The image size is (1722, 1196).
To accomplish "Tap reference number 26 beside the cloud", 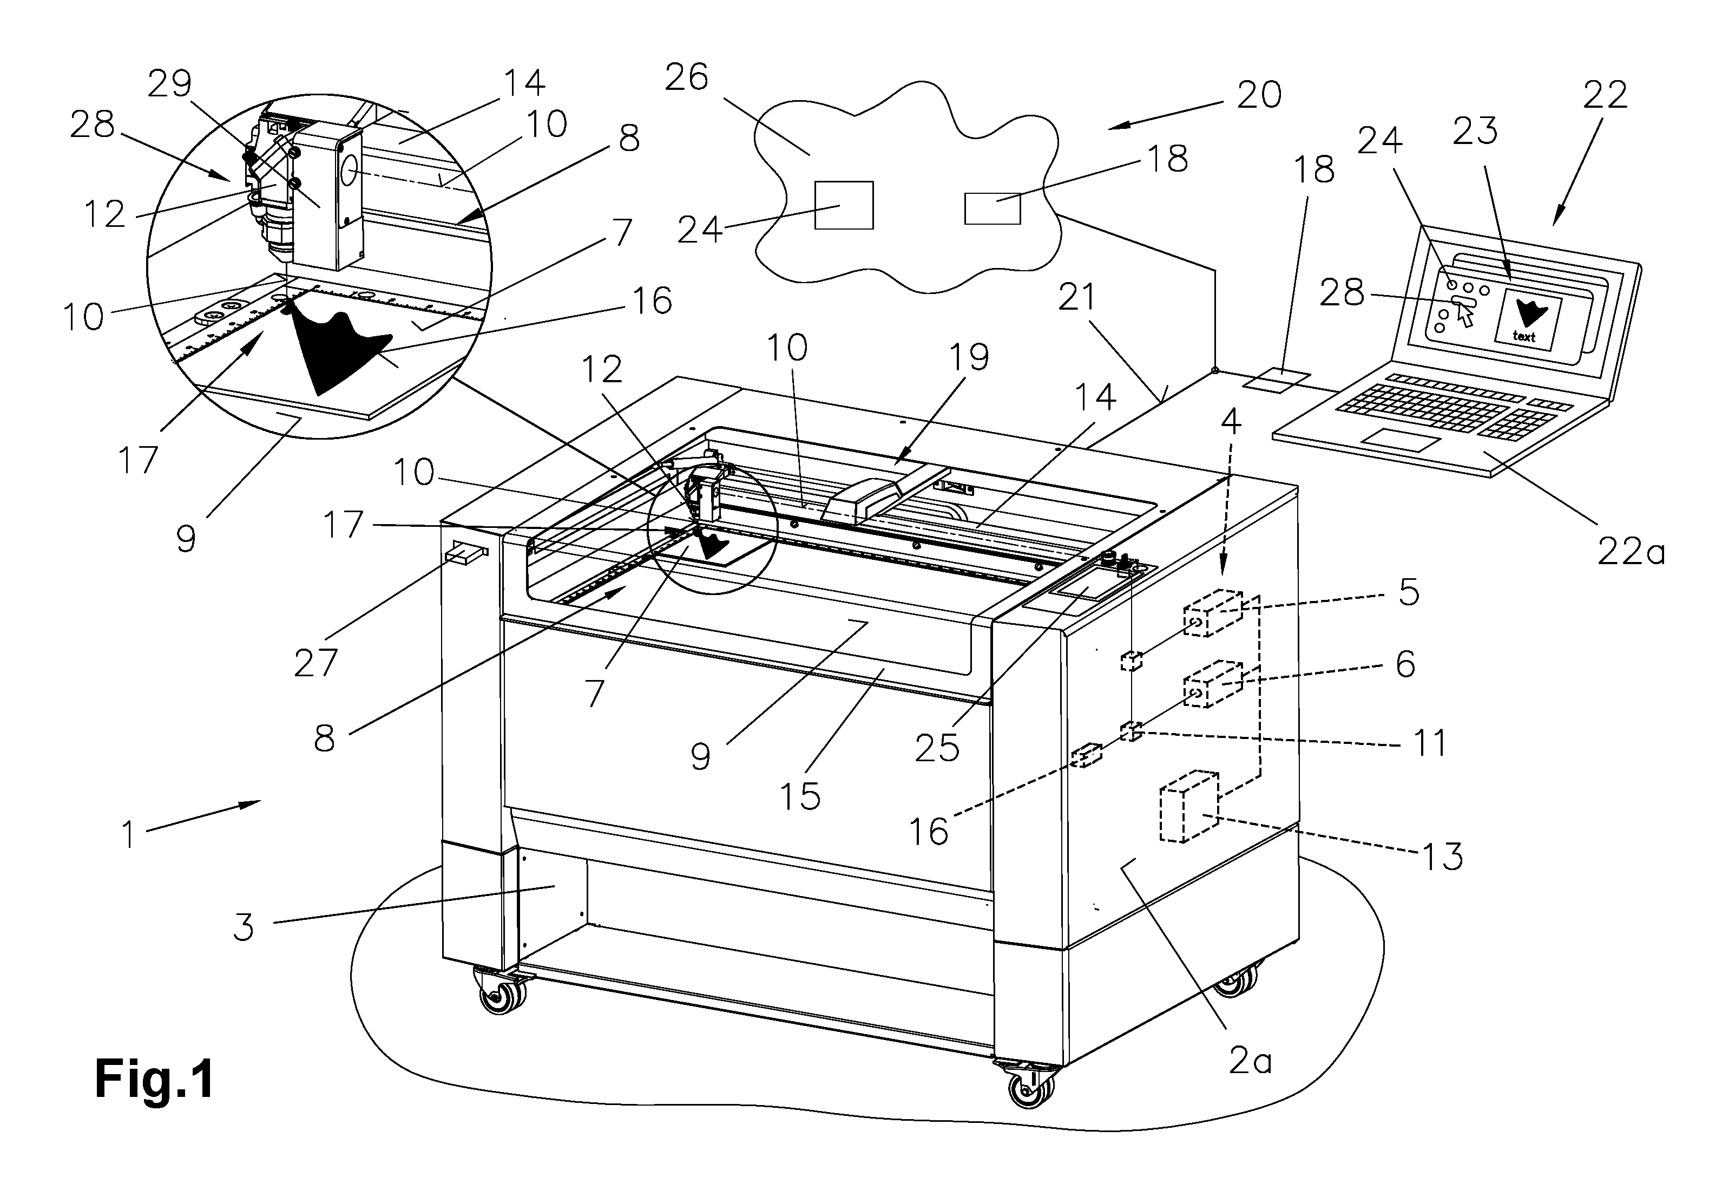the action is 686,77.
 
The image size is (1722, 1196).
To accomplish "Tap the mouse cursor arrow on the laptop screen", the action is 1464,316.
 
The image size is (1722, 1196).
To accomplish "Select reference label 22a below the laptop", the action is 1631,552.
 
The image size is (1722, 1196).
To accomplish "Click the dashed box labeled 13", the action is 1189,806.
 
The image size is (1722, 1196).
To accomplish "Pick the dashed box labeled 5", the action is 1212,613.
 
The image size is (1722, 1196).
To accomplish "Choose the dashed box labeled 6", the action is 1212,683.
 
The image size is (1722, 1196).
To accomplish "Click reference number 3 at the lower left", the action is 244,927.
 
